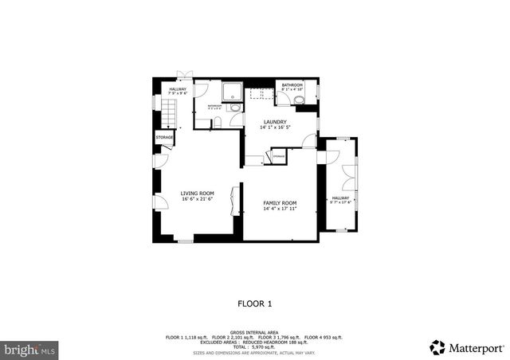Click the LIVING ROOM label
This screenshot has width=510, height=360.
[197, 194]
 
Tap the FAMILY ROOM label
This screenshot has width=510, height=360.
[280, 203]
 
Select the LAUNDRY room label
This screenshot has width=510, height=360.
[275, 121]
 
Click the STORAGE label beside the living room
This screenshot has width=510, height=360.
[165, 138]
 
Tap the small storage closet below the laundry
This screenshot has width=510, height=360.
[278, 157]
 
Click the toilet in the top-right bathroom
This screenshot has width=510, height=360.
[299, 100]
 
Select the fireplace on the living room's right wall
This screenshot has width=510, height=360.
[233, 200]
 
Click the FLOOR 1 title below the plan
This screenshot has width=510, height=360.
[255, 303]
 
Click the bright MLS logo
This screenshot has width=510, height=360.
[29, 349]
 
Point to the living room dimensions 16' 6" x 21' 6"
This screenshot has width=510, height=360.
[197, 199]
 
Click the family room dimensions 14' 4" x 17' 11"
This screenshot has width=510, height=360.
[280, 209]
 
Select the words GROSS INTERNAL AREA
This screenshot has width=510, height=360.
[255, 331]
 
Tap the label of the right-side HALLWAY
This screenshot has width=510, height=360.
[340, 198]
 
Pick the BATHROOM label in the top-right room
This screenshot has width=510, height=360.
[292, 84]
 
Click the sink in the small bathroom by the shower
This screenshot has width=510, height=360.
[235, 108]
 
